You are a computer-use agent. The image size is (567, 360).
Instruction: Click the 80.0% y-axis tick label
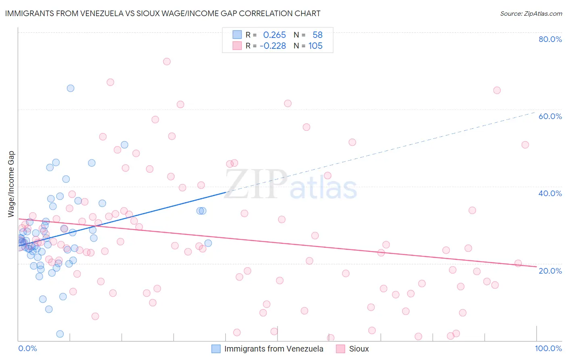(x=550, y=39)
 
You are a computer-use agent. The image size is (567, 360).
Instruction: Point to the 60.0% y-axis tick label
(x=550, y=116)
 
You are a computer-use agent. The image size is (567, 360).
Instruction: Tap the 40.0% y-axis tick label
(x=550, y=193)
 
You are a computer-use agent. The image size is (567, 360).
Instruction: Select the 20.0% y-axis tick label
(x=550, y=271)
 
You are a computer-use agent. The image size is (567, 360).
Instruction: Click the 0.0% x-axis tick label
(x=27, y=348)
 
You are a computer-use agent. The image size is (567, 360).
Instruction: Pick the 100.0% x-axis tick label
(x=548, y=348)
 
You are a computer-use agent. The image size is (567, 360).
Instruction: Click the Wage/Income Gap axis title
(x=11, y=184)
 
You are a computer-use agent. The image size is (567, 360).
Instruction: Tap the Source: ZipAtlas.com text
(x=531, y=13)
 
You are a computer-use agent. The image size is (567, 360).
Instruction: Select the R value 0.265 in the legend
(x=274, y=35)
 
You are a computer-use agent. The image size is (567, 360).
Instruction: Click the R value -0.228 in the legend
(x=273, y=46)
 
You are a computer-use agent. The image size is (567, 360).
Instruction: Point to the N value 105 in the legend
(x=315, y=46)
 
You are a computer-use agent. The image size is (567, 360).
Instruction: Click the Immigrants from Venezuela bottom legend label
(x=273, y=349)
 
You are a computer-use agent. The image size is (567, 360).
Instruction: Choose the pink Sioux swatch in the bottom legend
(x=340, y=349)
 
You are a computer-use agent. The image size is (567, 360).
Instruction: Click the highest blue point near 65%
(x=71, y=88)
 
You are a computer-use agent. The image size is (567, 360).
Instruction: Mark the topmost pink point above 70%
(x=167, y=61)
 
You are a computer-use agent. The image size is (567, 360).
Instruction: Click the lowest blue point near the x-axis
(x=60, y=334)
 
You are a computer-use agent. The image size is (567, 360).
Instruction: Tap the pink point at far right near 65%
(x=497, y=90)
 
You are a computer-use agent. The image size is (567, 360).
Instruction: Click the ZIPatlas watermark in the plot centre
(x=290, y=185)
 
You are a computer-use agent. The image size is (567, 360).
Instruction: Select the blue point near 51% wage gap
(x=125, y=144)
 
